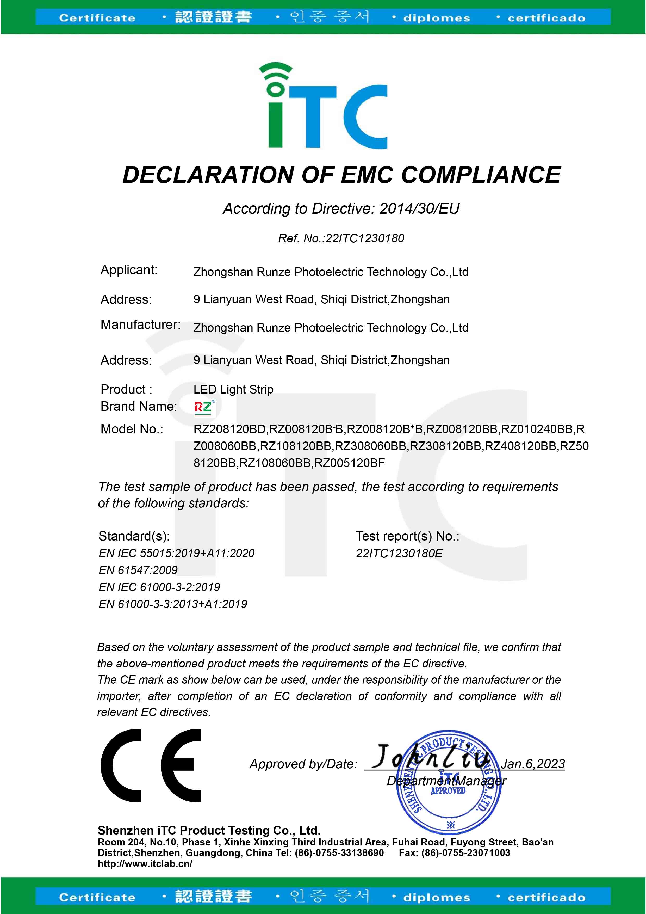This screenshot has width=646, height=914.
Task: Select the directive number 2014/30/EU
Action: pos(419,208)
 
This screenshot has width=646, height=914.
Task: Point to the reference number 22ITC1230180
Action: pos(365,238)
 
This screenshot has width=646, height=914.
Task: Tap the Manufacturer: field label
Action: pos(140,325)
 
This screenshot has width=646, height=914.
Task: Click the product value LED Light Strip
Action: pos(233,389)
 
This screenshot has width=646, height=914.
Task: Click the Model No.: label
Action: pos(132,429)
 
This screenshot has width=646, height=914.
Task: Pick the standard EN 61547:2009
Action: pos(138,570)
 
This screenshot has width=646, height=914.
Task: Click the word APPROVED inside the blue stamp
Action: pos(448,790)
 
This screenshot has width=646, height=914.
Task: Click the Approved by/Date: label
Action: pos(303,764)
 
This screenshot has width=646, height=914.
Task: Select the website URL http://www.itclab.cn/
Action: pos(145,864)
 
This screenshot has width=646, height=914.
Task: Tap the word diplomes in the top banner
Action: pos(436,18)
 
